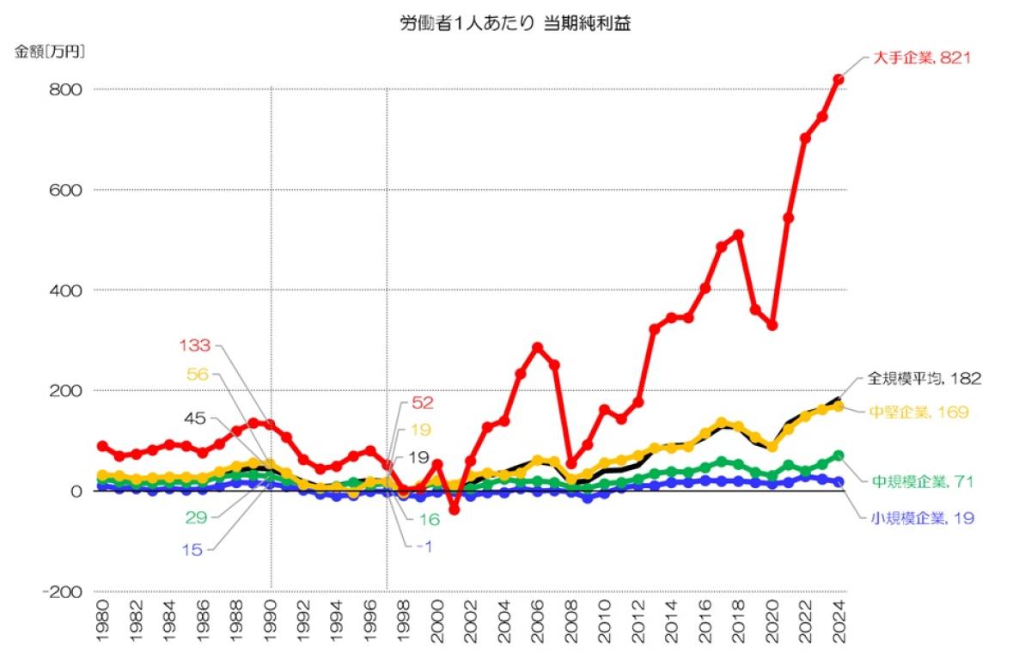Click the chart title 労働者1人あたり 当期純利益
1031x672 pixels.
click(515, 24)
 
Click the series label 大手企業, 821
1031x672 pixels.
click(923, 58)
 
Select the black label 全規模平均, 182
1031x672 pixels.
click(923, 377)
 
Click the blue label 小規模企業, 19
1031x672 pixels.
click(922, 518)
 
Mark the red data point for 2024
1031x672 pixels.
click(839, 79)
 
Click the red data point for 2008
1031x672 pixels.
click(571, 464)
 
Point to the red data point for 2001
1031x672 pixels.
click(454, 510)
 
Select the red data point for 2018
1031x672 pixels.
click(738, 235)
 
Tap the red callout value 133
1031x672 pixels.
click(194, 345)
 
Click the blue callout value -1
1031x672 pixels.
click(424, 547)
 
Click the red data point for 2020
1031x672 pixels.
click(772, 325)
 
